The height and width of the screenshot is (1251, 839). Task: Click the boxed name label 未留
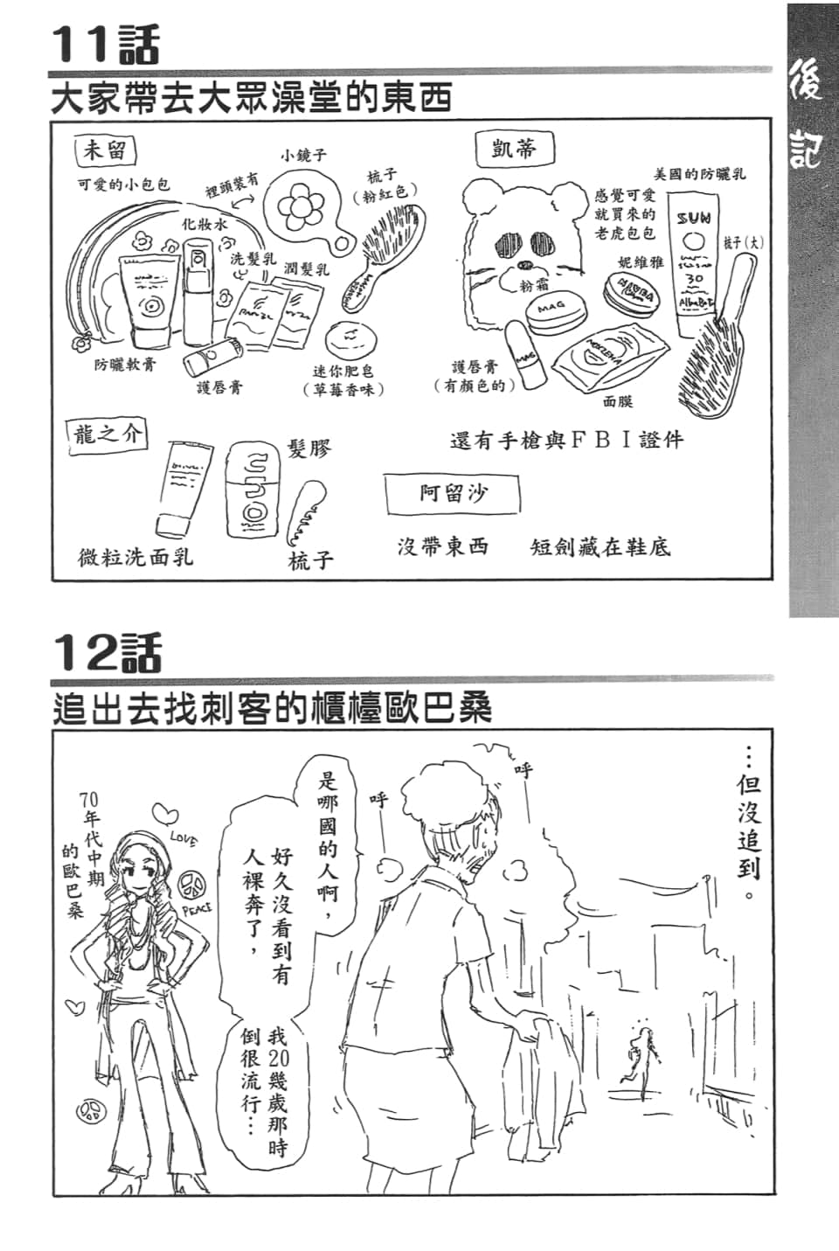(x=104, y=150)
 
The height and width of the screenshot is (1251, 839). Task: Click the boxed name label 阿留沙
(x=452, y=494)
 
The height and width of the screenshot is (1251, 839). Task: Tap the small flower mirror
(x=300, y=207)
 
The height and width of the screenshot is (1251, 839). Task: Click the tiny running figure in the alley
(x=644, y=1060)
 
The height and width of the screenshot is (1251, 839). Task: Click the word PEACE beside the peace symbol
(x=197, y=909)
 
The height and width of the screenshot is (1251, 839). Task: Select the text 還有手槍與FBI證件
(x=566, y=440)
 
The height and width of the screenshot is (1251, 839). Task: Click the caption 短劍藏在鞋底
(x=600, y=548)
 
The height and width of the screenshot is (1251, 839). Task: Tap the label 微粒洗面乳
(x=135, y=556)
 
